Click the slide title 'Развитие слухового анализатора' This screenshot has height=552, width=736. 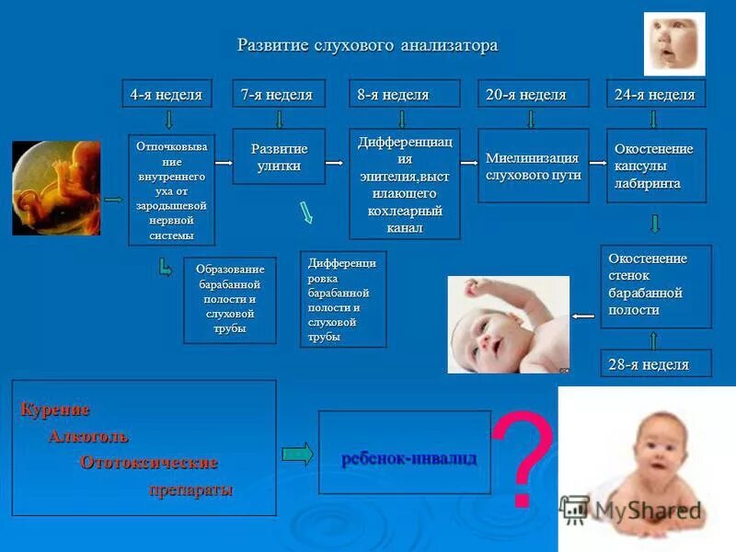[368, 45]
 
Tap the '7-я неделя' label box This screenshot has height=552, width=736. [277, 95]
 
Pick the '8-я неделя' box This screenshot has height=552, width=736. [401, 95]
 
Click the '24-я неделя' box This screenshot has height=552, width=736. [655, 95]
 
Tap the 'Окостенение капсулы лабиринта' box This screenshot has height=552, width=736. [654, 166]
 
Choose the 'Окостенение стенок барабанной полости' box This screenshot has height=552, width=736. [655, 285]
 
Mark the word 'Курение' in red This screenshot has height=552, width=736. [55, 409]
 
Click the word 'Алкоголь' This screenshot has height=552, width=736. [88, 436]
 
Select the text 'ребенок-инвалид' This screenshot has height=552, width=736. [408, 458]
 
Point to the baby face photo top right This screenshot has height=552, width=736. [673, 43]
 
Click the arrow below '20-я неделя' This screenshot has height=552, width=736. [531, 119]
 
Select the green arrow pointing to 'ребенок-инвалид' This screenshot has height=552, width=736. [297, 454]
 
